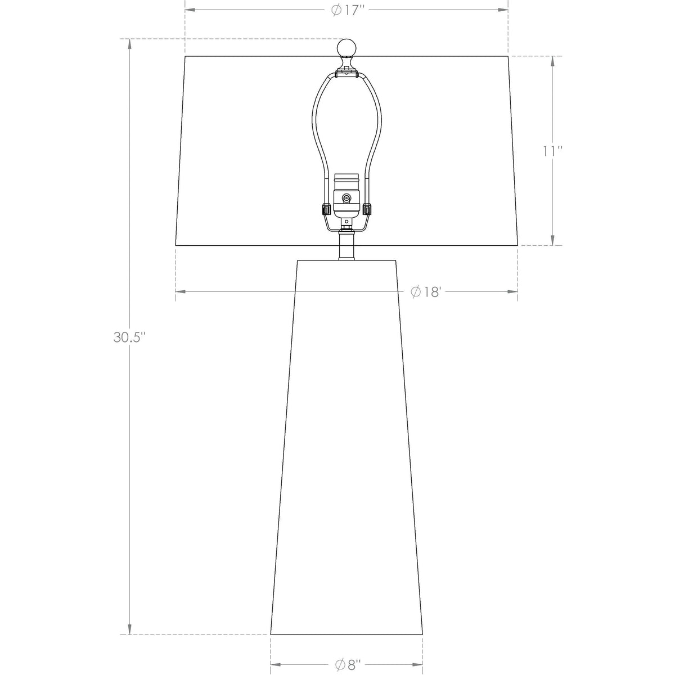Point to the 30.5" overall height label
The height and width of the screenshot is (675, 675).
(129, 337)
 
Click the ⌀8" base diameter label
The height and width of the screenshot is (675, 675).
(347, 665)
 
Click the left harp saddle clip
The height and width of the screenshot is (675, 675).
(325, 209)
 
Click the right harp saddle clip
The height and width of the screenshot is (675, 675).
(367, 209)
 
